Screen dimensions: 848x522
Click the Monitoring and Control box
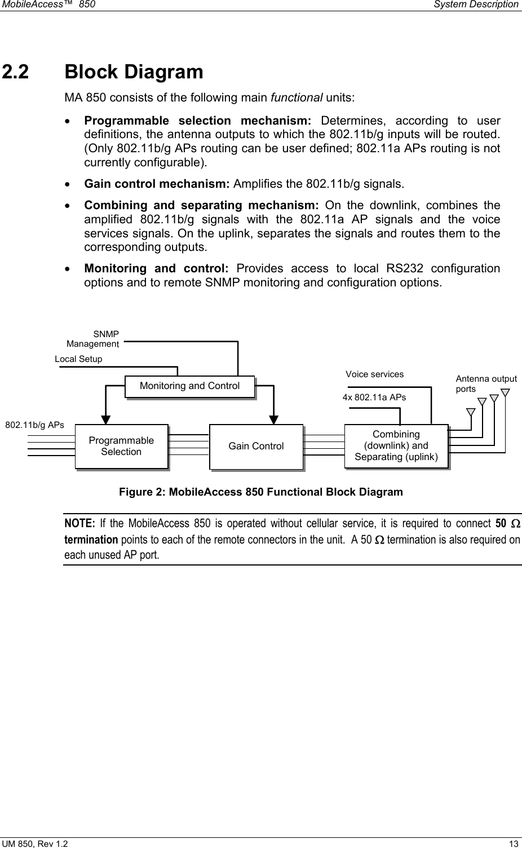pos(189,386)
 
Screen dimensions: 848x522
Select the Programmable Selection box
pos(121,446)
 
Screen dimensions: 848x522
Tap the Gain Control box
pos(256,446)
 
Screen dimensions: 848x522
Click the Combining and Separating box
pos(396,445)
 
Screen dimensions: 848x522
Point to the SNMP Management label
pos(93,339)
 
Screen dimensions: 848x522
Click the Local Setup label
pos(78,359)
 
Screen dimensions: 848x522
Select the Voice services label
pos(374,374)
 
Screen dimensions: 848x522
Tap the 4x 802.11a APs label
pos(374,397)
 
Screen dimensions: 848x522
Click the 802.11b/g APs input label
pos(34,424)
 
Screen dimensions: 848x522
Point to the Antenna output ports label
pos(486,384)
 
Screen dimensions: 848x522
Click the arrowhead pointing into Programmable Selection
pos(105,419)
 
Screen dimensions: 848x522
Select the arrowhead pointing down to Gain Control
pos(273,419)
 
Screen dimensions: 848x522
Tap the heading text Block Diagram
pos(134,72)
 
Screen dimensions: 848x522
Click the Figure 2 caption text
pos(260,492)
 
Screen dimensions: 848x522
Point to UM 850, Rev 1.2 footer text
pos(36,843)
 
